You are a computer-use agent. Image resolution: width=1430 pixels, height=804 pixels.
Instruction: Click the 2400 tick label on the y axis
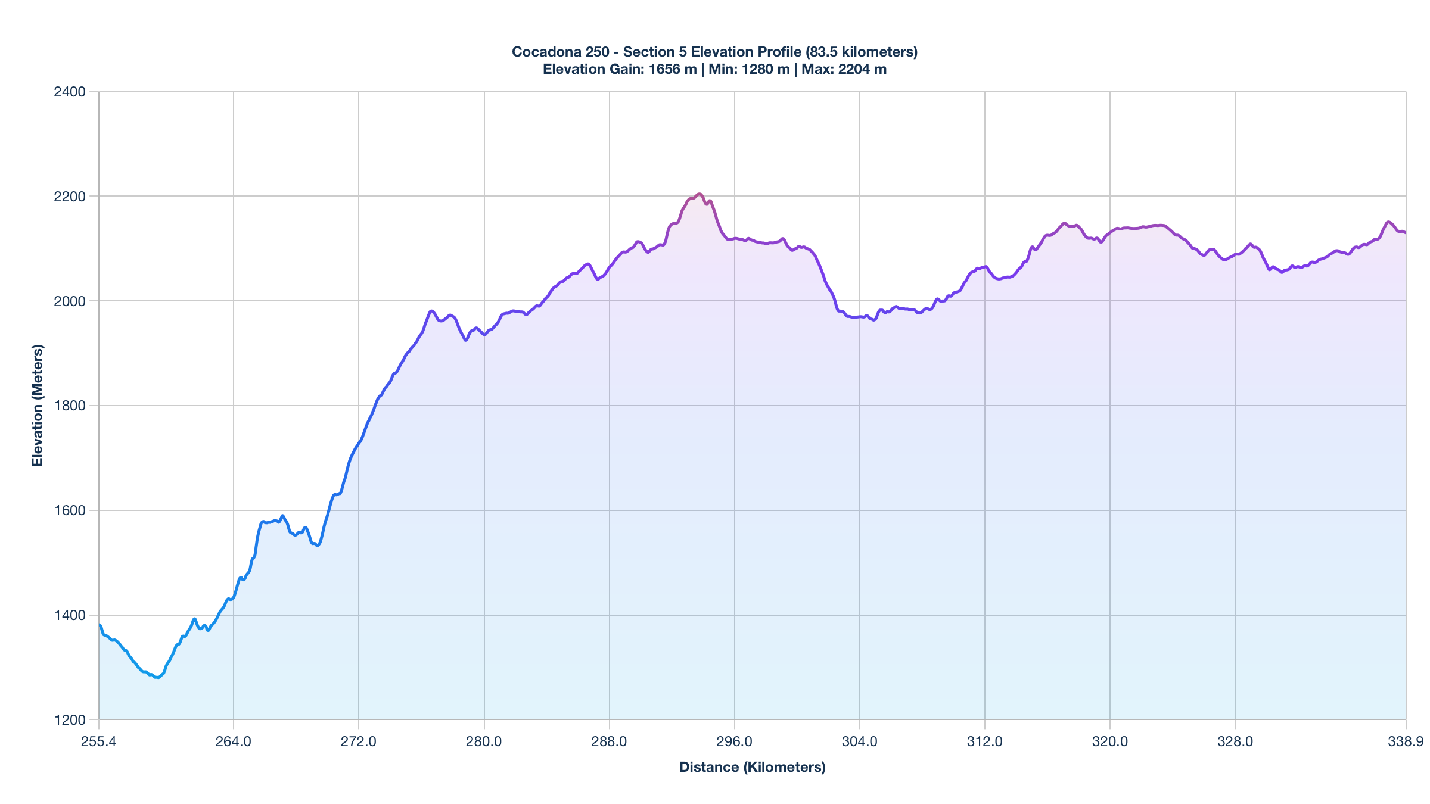click(x=70, y=92)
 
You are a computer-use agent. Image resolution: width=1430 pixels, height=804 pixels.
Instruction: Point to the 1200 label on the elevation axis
click(x=70, y=720)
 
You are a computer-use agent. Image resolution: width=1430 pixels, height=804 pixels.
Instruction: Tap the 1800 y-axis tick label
click(x=70, y=406)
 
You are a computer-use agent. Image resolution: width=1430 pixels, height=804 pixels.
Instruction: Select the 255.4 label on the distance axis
click(x=98, y=741)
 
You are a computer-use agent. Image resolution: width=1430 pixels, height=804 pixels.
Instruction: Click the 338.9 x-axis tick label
click(x=1406, y=741)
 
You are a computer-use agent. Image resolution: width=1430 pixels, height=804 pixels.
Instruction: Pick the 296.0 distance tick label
click(x=734, y=741)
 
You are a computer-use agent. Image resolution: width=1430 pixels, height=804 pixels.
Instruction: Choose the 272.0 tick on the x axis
click(x=359, y=741)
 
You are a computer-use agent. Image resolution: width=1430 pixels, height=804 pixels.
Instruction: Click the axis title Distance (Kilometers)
click(x=752, y=767)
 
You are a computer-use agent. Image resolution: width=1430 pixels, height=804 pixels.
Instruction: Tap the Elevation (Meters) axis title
click(x=38, y=406)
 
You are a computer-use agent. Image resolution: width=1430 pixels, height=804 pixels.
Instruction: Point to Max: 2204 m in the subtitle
click(x=844, y=69)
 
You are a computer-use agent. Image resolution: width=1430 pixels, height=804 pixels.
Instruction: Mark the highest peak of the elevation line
click(x=700, y=194)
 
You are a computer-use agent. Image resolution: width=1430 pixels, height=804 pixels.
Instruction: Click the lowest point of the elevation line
click(x=157, y=677)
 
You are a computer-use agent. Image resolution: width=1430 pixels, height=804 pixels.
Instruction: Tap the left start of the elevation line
click(x=100, y=625)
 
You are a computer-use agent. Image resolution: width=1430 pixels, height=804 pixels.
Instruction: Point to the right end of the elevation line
click(x=1405, y=233)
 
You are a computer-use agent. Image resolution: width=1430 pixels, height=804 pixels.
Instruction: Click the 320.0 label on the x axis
click(x=1110, y=741)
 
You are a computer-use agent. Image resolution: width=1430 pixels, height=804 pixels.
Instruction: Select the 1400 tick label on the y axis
click(x=70, y=615)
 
